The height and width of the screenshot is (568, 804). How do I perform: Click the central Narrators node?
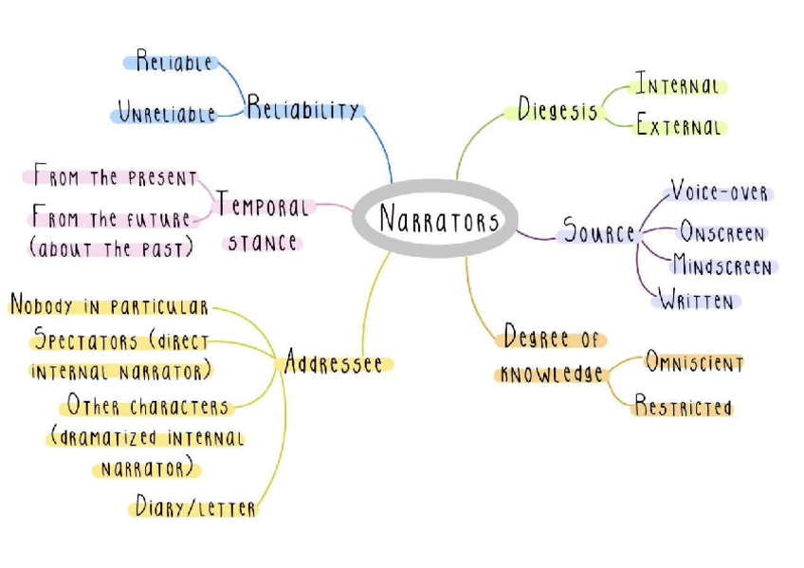pos(438,220)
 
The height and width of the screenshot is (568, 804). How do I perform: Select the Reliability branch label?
pos(303,110)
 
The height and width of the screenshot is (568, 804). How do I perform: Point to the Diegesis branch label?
pos(557,109)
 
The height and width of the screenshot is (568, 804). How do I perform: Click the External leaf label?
pos(680,126)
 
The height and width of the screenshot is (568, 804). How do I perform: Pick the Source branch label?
pos(598,231)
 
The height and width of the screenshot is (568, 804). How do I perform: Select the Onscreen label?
pos(722,233)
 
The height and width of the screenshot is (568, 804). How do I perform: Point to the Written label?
pos(697,302)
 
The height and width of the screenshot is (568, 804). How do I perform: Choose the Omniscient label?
pos(694,362)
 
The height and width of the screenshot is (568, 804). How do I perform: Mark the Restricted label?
pos(683,408)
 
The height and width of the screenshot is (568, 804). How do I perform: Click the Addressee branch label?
pos(335,364)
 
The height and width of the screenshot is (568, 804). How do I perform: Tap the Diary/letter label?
pos(195,508)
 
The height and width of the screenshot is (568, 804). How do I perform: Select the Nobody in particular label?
pos(108,306)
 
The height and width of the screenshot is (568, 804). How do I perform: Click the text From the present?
pos(115,177)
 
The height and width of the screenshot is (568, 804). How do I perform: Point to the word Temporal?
pos(263,206)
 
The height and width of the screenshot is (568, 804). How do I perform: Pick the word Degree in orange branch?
pos(537,337)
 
